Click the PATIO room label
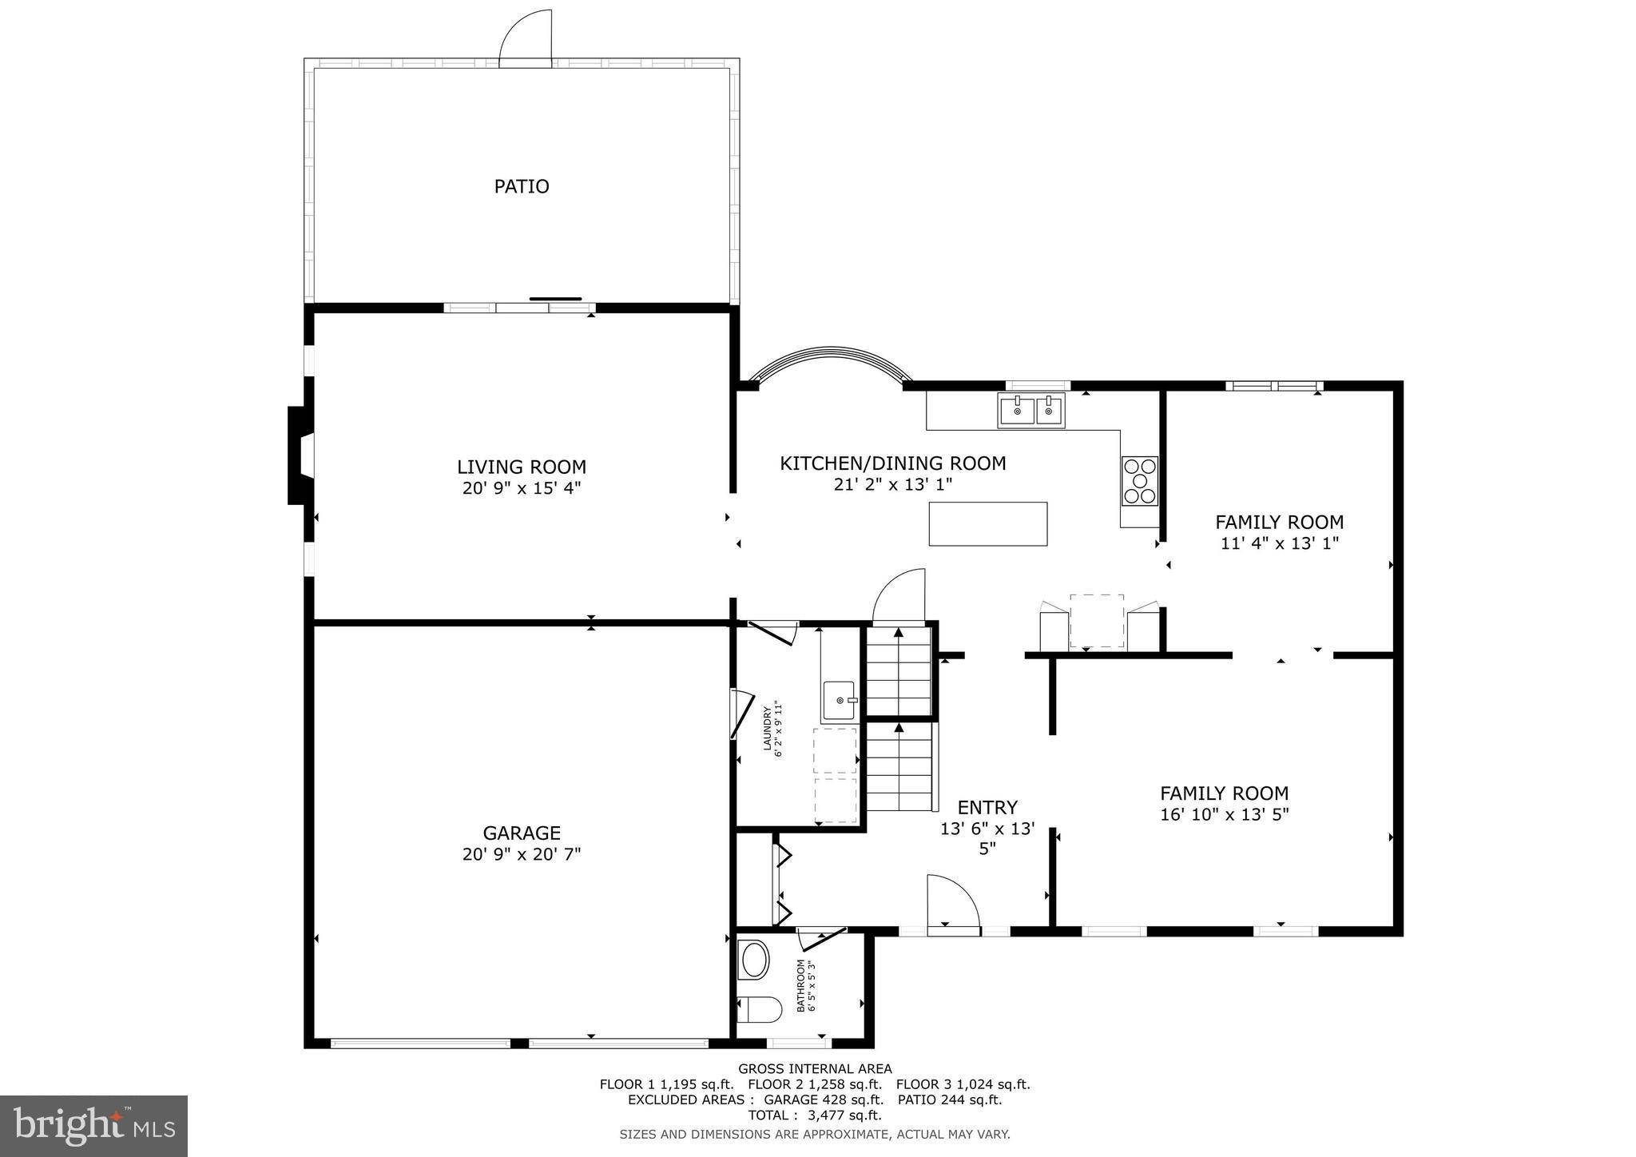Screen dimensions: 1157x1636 tap(521, 186)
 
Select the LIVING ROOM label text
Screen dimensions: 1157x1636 tap(521, 467)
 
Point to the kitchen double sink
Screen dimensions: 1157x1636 tap(1031, 411)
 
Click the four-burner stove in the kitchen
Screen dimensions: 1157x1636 tap(1139, 480)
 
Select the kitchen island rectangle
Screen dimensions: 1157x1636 tap(987, 523)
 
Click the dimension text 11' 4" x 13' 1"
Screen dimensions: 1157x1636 tap(1279, 543)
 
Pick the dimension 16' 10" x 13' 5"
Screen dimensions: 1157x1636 tap(1224, 814)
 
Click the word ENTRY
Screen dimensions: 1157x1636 tap(987, 807)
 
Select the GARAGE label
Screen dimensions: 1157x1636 tap(521, 833)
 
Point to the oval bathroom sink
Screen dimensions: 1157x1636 tap(754, 960)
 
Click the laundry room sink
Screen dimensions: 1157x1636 tap(839, 701)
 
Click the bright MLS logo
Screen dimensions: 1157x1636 tap(93, 1126)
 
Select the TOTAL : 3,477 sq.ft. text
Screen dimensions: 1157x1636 tap(814, 1115)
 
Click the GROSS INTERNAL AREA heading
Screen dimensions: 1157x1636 tap(814, 1068)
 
